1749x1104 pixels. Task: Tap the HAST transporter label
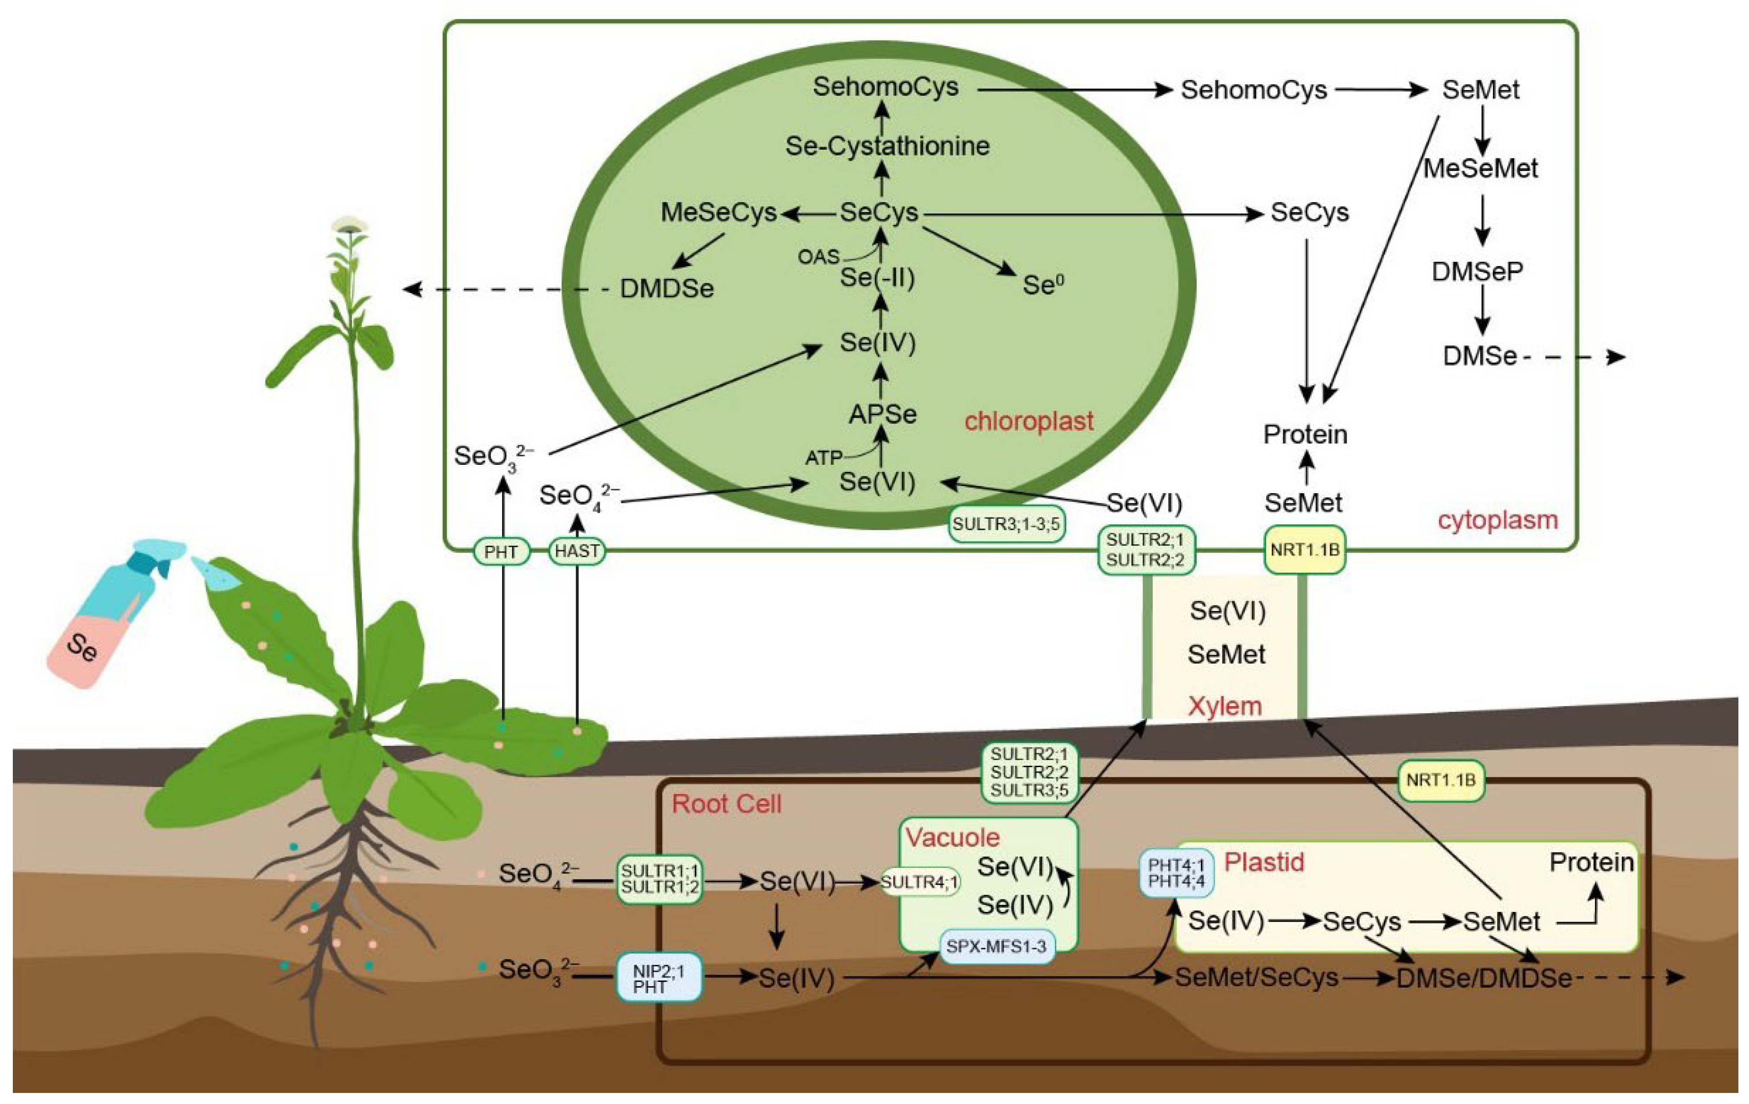click(x=577, y=551)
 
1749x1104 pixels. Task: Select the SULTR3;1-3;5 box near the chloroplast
click(x=1007, y=524)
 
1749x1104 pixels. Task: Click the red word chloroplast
click(x=1028, y=421)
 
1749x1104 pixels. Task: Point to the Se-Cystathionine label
click(x=887, y=146)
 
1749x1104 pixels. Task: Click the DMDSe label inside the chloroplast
click(x=666, y=289)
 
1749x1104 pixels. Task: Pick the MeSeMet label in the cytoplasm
click(x=1480, y=169)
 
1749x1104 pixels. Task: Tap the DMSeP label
click(x=1477, y=271)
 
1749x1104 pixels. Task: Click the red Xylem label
click(x=1224, y=706)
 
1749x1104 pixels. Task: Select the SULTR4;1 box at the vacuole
click(x=920, y=882)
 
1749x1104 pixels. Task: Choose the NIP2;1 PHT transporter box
click(x=659, y=977)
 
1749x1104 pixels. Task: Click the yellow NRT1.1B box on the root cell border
click(x=1440, y=780)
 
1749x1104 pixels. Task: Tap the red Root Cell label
click(x=726, y=804)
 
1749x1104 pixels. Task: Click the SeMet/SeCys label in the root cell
click(x=1256, y=977)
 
